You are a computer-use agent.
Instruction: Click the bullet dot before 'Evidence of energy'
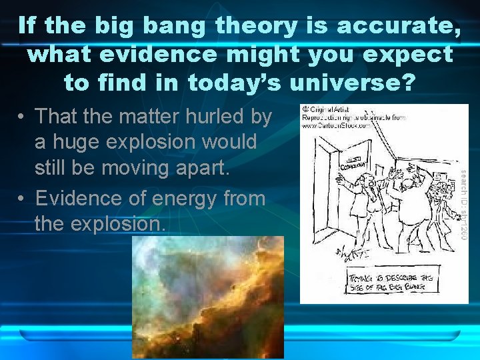(22, 199)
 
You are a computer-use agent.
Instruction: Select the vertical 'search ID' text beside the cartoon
(463, 203)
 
